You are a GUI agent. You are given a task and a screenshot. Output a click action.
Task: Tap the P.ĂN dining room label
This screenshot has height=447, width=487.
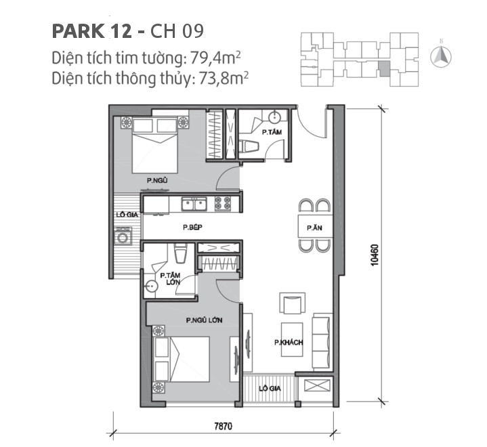pos(314,229)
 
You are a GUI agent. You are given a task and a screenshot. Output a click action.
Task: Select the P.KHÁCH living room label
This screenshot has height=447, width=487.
pos(288,343)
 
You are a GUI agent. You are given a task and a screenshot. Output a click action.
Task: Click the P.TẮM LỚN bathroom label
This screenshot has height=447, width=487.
pos(169,279)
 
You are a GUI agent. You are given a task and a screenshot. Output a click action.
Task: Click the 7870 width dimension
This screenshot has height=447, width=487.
pos(223,427)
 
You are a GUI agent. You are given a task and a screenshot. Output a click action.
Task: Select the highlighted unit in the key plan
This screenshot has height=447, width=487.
pos(384,68)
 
